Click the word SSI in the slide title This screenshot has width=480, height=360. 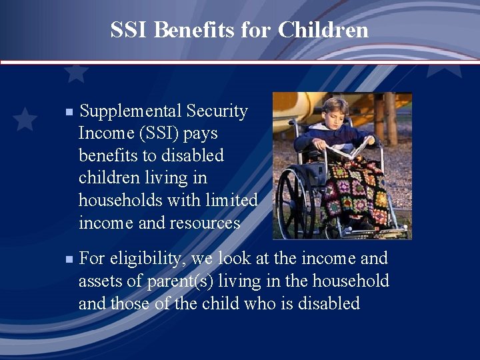129,30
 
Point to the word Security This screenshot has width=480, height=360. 217,111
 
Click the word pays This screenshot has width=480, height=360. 201,133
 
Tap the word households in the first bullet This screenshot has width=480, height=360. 117,200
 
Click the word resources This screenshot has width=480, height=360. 204,223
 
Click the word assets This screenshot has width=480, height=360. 100,281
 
